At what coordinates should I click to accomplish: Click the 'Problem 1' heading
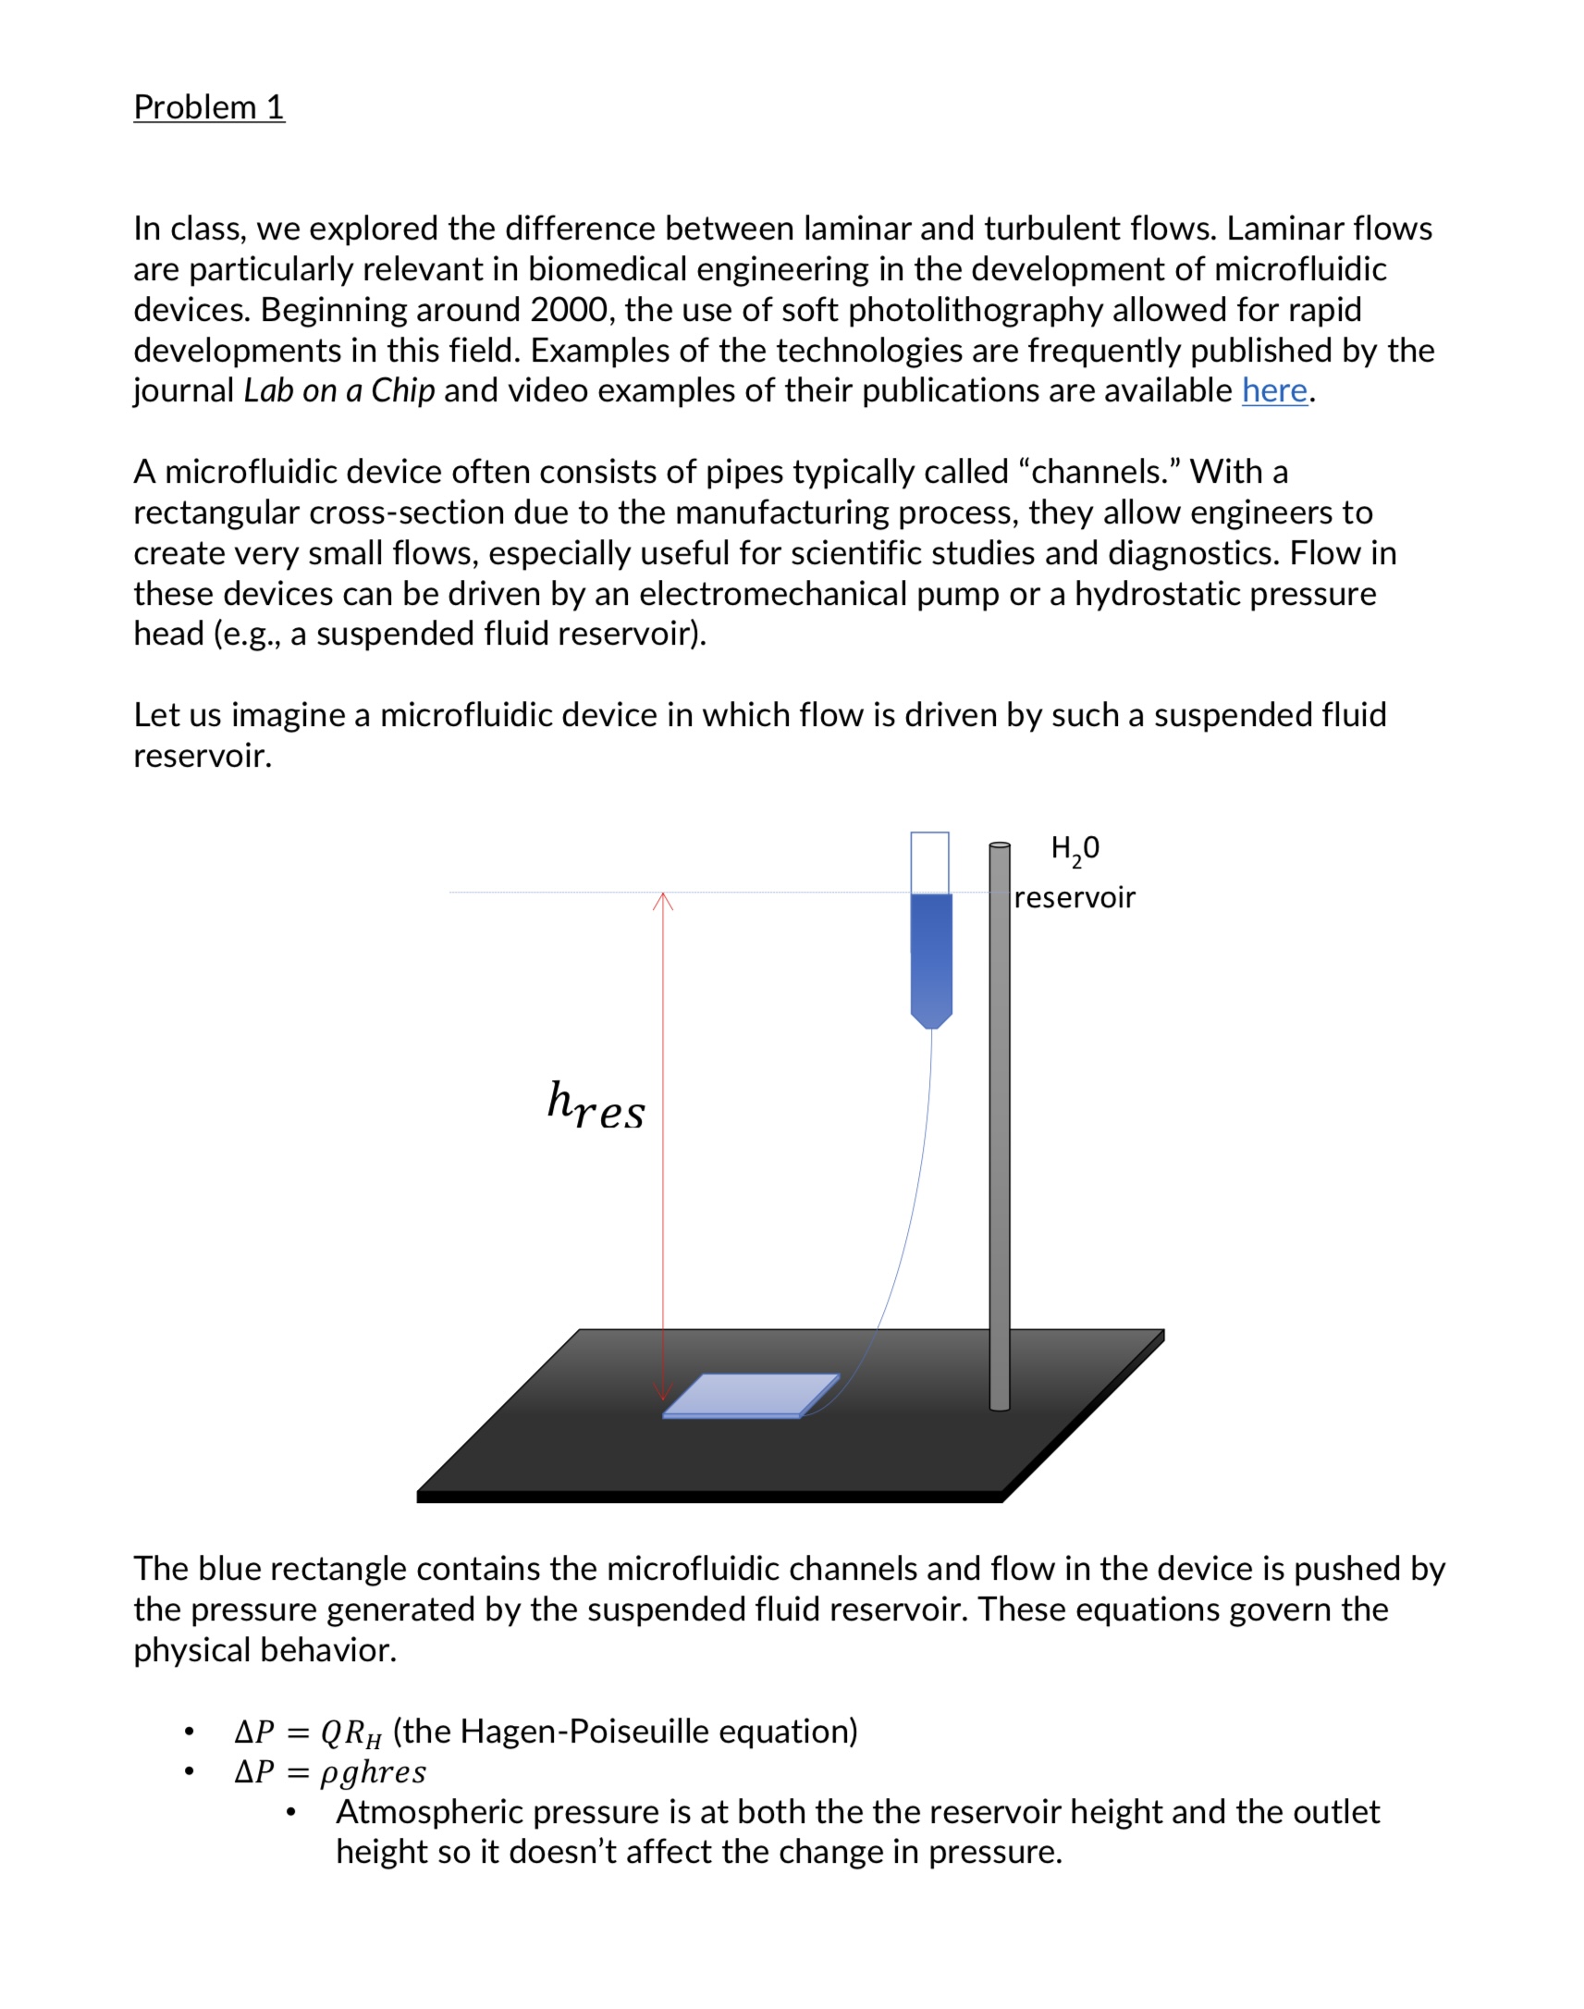[x=209, y=107]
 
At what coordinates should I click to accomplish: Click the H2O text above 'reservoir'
[x=1074, y=849]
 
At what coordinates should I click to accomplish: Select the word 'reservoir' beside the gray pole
[x=1074, y=898]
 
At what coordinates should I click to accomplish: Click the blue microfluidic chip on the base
[x=751, y=1395]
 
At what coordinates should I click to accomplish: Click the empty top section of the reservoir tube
[x=929, y=863]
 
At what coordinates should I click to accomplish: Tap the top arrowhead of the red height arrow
[x=663, y=899]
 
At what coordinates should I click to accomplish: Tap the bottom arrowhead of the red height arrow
[x=662, y=1392]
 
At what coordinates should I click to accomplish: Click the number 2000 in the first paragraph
[x=569, y=310]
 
